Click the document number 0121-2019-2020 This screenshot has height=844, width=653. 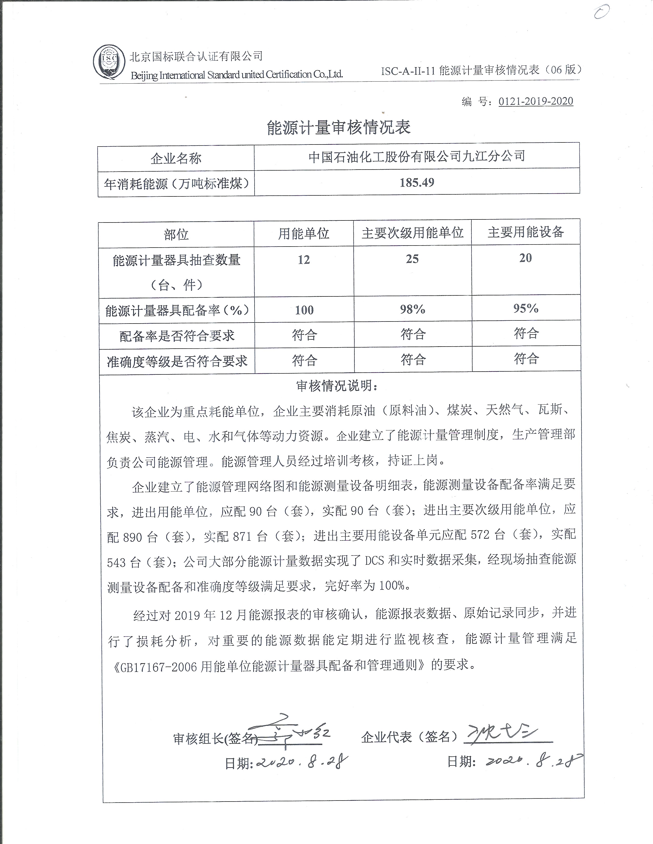(x=535, y=101)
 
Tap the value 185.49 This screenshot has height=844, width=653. (x=417, y=182)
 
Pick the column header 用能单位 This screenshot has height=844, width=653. (x=304, y=234)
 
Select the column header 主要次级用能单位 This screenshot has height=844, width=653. (x=412, y=233)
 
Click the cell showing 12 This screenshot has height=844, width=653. (x=304, y=260)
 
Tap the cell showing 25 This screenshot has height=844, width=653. (x=412, y=259)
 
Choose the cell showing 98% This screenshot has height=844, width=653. (x=412, y=309)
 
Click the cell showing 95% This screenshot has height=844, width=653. (x=526, y=308)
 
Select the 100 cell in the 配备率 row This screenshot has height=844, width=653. (x=304, y=310)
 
